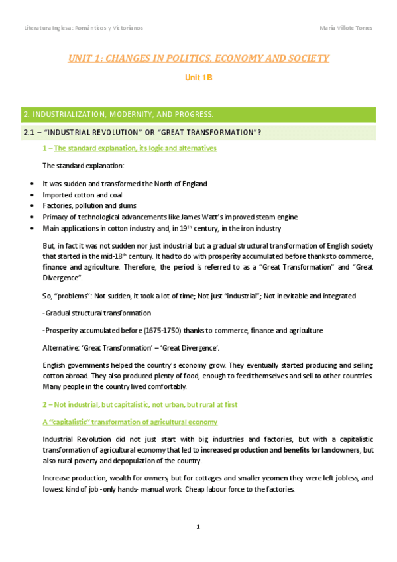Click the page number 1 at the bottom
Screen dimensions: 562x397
click(199, 527)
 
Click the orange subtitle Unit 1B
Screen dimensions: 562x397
click(198, 78)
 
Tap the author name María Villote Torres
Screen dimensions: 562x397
click(345, 28)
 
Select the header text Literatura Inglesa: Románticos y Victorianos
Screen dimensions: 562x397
click(83, 28)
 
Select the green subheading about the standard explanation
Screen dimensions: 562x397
click(129, 148)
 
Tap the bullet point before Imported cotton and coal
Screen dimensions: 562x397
click(33, 195)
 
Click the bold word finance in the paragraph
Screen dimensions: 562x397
click(56, 266)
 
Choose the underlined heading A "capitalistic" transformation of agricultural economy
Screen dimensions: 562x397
click(129, 422)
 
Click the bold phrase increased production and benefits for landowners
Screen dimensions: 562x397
click(286, 450)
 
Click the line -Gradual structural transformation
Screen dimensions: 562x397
click(97, 312)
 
